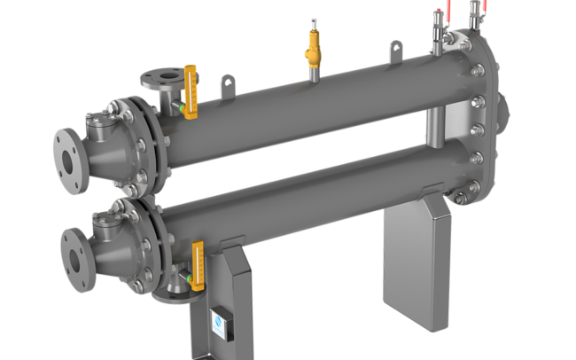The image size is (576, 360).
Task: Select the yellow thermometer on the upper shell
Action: (x=190, y=83)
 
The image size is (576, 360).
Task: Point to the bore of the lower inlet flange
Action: (x=74, y=249)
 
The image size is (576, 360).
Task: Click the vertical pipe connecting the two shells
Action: (x=434, y=129)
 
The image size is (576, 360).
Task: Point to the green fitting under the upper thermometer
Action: (x=181, y=109)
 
